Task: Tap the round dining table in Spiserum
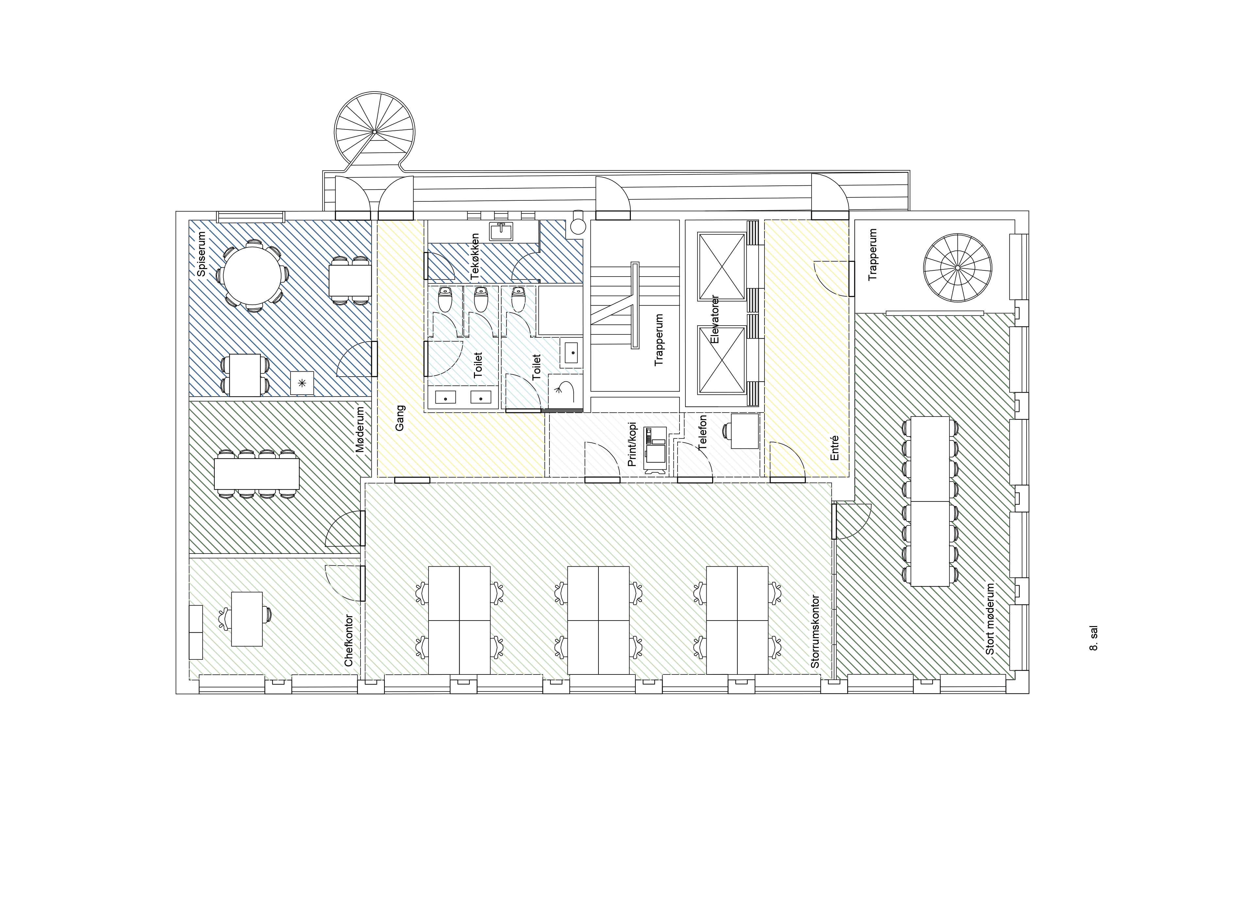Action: (x=252, y=275)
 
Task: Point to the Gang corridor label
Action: (x=400, y=418)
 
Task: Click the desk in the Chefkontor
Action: (x=247, y=619)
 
